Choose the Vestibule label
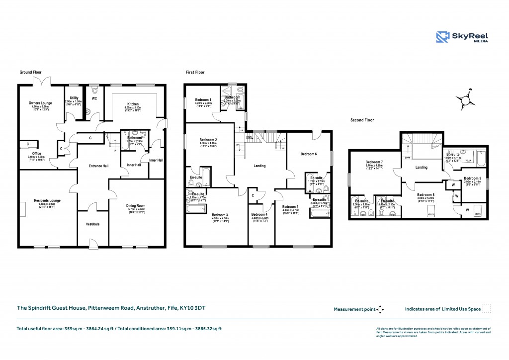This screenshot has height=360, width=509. click(x=92, y=224)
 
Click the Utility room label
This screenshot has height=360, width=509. click(x=74, y=98)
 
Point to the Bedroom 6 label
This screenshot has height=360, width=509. click(x=308, y=154)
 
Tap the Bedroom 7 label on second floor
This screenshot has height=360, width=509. click(x=374, y=163)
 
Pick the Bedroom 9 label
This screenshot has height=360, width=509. click(x=473, y=178)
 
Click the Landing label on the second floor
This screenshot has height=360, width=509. click(x=422, y=168)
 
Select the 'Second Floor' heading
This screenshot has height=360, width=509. click(x=362, y=120)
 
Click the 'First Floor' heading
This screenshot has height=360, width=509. click(x=195, y=72)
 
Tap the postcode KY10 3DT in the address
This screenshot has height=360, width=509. click(x=193, y=308)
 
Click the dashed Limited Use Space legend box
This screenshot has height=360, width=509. click(x=487, y=309)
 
